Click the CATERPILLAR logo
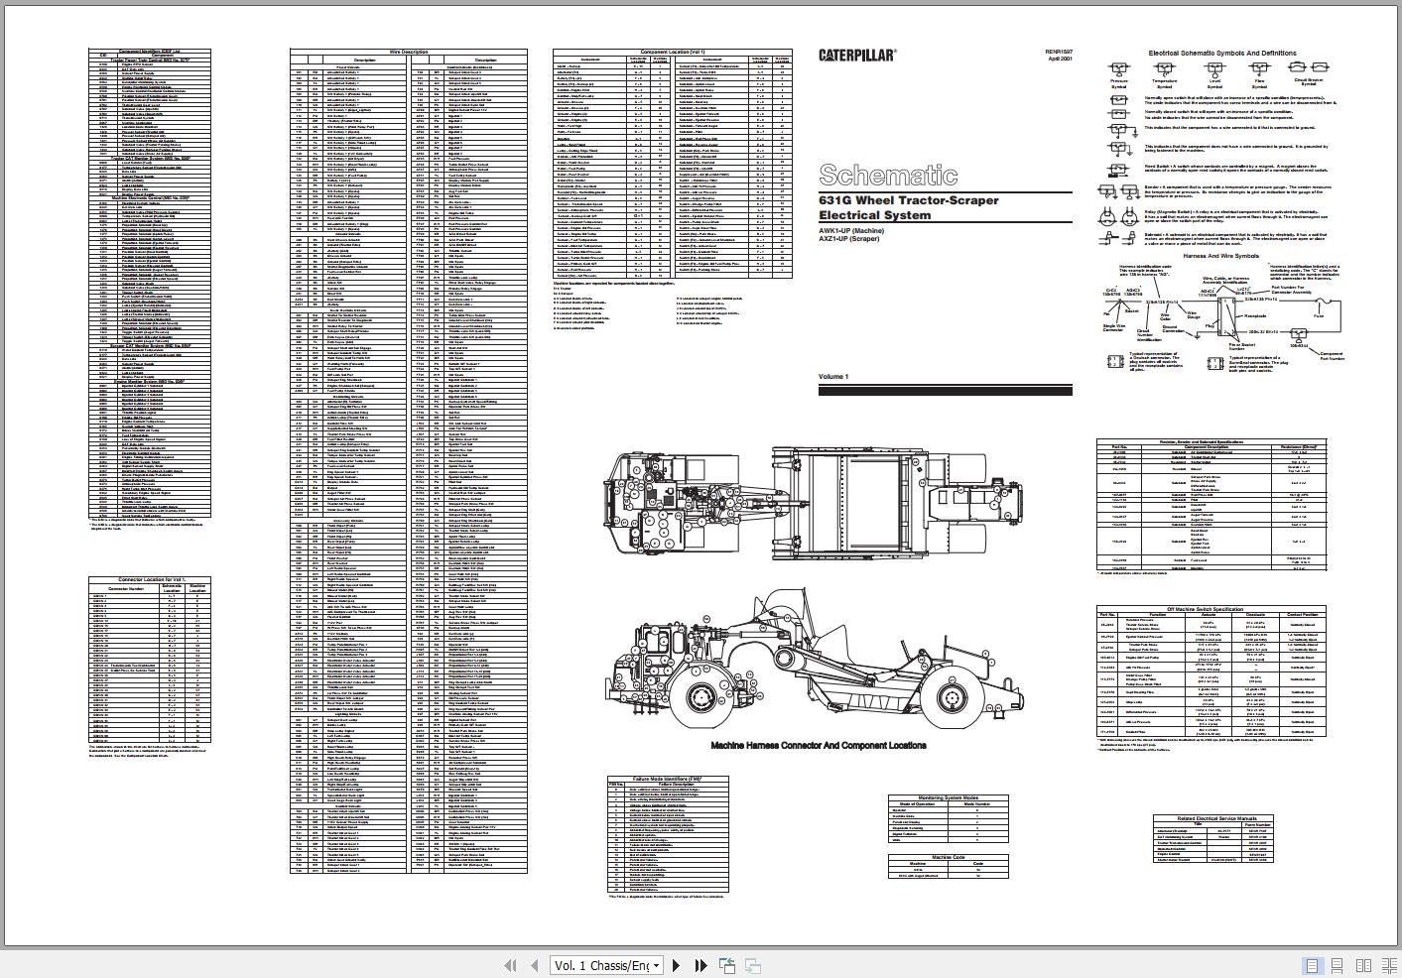856,56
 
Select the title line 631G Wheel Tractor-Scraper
908,200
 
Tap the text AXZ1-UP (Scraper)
848,239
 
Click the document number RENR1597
1058,52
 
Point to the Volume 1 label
833,377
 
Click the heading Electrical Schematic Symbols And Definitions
1221,54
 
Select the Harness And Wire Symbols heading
1220,255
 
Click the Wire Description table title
408,52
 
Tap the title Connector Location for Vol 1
150,579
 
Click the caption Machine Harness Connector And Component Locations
818,745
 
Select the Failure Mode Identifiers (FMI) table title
666,779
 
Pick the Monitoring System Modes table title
948,797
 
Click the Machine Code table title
948,856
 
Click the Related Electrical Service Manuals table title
1211,818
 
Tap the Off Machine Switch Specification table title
1211,608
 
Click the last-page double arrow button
701,965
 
